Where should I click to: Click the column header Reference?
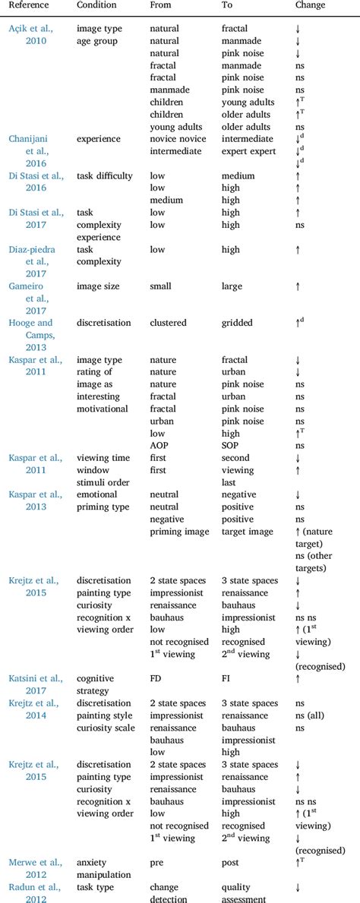[x=28, y=5]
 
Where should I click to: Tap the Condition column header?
[x=96, y=5]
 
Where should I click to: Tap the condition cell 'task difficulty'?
[x=105, y=176]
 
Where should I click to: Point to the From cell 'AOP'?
[x=160, y=446]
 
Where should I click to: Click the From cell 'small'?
[x=162, y=286]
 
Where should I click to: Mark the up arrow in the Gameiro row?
[x=298, y=286]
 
